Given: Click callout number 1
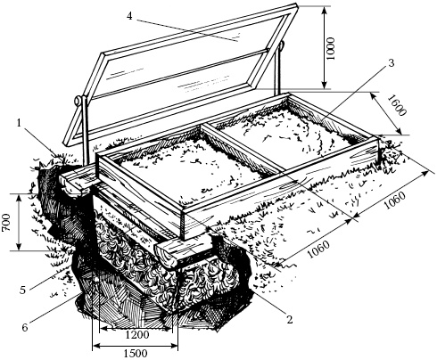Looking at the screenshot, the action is click(x=20, y=123).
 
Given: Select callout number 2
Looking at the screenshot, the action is click(x=289, y=320).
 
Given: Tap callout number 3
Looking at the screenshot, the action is click(x=392, y=63).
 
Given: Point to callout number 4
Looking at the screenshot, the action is click(x=129, y=16).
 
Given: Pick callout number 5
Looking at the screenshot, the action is click(x=22, y=290).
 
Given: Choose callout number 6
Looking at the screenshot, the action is click(x=25, y=327).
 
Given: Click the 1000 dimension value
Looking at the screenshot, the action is click(x=331, y=48).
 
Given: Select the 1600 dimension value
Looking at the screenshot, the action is click(x=397, y=106).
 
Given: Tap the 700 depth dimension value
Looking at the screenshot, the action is click(x=6, y=223).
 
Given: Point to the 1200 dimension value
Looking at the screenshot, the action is click(x=137, y=335).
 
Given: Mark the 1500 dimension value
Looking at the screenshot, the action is click(x=136, y=354).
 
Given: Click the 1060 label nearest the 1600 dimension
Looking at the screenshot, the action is click(x=394, y=200).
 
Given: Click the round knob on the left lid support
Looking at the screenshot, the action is click(x=78, y=101).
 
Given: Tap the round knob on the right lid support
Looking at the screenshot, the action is click(x=282, y=45).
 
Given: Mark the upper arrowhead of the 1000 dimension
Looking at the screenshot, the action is click(x=325, y=11).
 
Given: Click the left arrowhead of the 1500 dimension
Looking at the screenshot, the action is click(x=96, y=346).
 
